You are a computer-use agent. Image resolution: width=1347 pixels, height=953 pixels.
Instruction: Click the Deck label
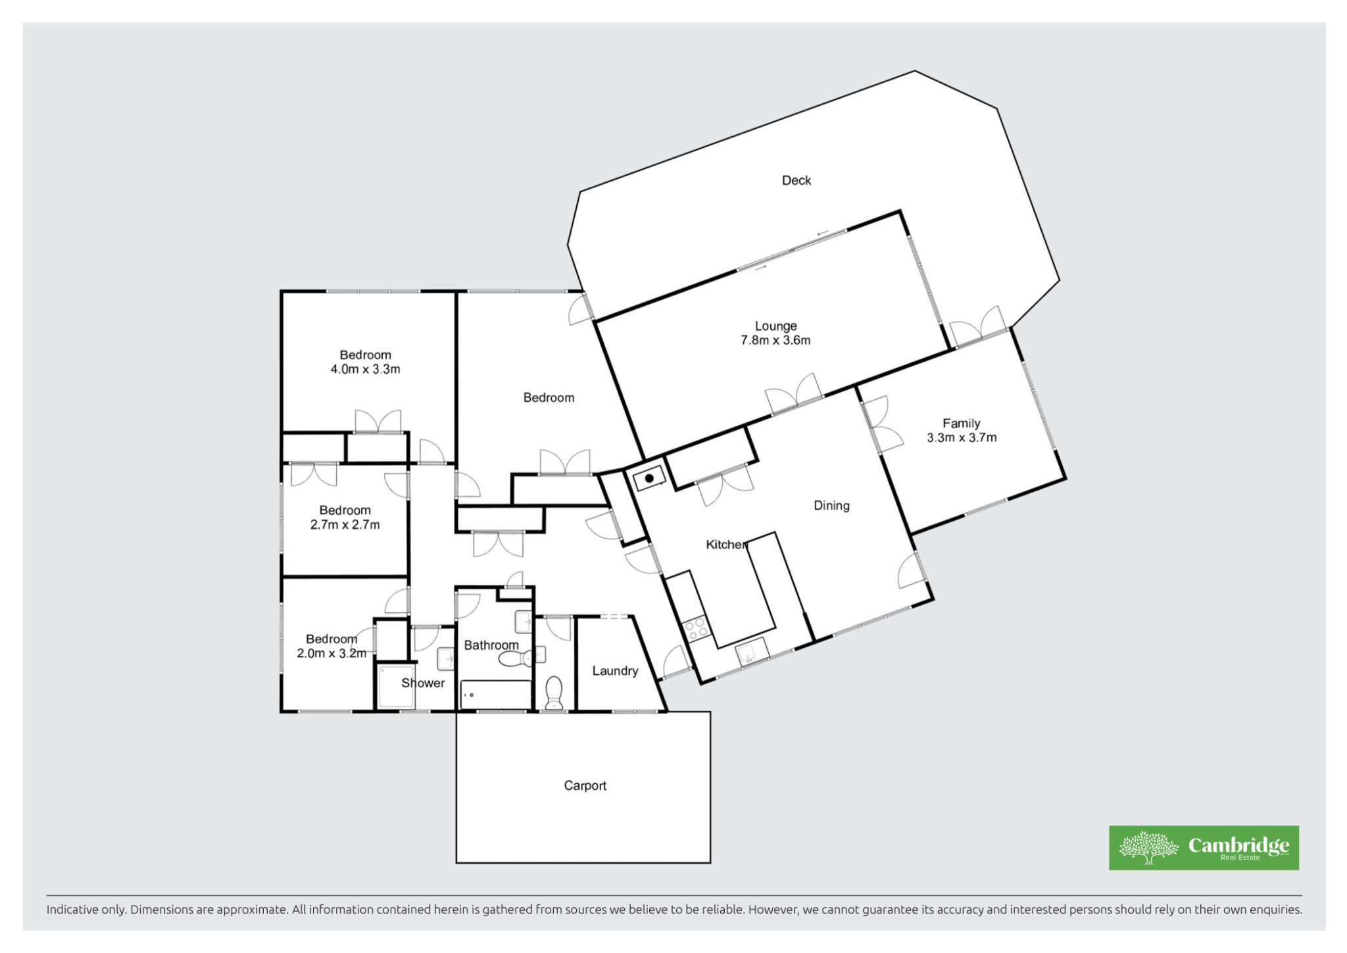pos(796,180)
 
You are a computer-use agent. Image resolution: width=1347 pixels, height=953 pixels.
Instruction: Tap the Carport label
pos(585,785)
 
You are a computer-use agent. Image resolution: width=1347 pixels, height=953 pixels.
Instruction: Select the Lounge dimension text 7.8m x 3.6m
pos(775,340)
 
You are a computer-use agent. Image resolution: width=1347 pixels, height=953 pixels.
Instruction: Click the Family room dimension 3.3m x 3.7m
pos(962,437)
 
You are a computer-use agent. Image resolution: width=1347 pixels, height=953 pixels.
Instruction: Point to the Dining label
pos(831,505)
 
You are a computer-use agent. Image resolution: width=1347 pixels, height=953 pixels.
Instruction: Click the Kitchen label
pos(726,545)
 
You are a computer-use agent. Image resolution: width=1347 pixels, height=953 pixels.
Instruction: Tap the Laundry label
pos(615,671)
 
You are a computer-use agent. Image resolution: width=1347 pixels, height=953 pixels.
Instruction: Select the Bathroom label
pos(491,645)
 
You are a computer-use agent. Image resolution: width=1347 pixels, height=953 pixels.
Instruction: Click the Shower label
pos(423,683)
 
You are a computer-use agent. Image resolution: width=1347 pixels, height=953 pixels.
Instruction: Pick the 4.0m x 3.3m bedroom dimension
pos(365,369)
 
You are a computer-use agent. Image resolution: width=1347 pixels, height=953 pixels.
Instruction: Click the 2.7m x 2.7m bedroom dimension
pos(345,525)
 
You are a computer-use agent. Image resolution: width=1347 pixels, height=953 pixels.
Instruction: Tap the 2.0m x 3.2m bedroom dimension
pos(331,653)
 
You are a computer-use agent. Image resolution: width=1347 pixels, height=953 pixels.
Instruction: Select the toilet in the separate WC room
pos(554,693)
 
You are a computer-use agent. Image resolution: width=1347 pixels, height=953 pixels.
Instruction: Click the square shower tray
pos(395,688)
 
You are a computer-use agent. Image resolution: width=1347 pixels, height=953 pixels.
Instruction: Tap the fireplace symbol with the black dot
pos(649,478)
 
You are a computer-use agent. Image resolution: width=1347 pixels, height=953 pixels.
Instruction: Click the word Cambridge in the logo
pos(1238,846)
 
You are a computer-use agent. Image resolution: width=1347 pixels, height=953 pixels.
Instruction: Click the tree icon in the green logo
pos(1148,847)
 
